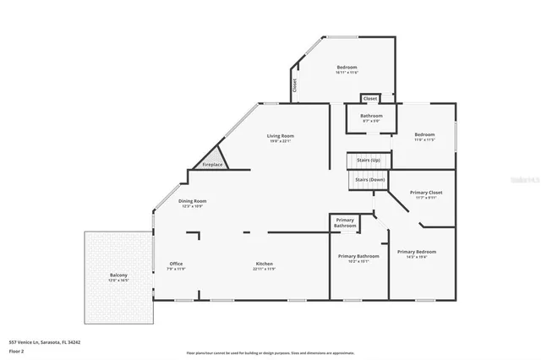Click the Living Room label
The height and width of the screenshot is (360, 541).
[280, 135]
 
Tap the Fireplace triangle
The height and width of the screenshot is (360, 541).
[212, 161]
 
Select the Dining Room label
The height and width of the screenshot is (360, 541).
[193, 201]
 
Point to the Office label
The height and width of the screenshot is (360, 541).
[176, 264]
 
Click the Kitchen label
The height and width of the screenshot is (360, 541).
[265, 264]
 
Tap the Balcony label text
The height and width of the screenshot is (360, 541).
[117, 275]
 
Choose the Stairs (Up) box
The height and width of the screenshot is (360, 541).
[368, 160]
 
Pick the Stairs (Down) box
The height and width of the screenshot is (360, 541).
[369, 179]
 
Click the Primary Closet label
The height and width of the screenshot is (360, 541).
[426, 193]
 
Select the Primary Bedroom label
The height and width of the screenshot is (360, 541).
[418, 252]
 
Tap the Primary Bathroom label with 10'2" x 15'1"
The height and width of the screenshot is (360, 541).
[358, 256]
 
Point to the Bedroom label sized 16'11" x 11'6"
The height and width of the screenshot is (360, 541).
[347, 67]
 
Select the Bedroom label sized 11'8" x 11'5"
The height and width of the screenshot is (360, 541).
[424, 135]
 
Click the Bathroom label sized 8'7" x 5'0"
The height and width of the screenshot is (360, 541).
[371, 116]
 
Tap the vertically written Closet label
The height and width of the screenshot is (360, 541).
[295, 85]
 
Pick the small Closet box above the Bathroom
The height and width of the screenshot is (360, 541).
[369, 98]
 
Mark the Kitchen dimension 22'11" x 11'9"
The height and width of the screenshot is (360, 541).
[265, 269]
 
